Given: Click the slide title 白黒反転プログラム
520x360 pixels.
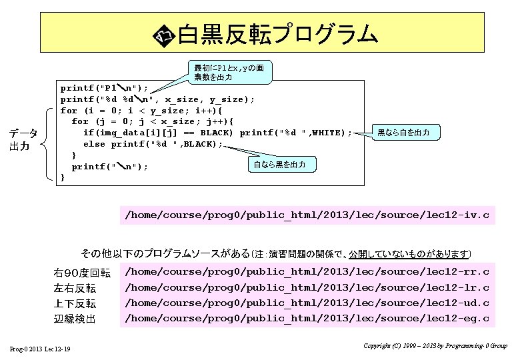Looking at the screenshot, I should pos(277,34).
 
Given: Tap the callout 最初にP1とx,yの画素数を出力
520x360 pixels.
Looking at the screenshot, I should pos(228,73).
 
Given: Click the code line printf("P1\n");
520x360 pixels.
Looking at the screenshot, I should pos(105,88).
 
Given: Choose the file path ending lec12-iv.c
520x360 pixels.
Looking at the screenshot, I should pos(307,215).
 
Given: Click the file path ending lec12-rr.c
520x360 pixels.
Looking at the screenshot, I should pos(307,272).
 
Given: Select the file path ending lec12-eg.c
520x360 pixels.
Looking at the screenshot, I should pos(307,318).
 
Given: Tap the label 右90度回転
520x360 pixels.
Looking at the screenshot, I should pos(82,273).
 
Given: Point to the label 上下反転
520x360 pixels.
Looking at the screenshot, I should pos(75,304).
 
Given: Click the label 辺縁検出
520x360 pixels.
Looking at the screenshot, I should pos(75,319).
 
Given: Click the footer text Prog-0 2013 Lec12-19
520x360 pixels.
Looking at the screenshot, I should pos(41,350).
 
